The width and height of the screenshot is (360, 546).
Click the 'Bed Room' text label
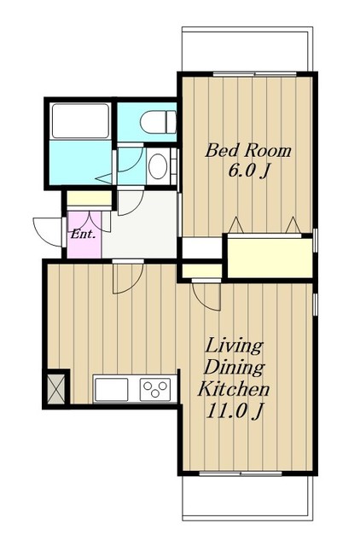[248, 151]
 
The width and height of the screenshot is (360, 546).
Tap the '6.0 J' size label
[248, 171]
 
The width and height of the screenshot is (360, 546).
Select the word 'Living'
[233, 346]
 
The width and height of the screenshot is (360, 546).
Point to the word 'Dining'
[234, 368]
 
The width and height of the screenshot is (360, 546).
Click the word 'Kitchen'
[234, 389]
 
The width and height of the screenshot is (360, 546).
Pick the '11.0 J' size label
[234, 411]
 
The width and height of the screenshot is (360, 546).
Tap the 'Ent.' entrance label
[83, 235]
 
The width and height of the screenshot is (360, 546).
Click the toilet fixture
[158, 122]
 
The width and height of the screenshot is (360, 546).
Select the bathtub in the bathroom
[81, 121]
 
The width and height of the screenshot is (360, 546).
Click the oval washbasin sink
[157, 166]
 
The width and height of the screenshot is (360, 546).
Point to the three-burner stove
[155, 389]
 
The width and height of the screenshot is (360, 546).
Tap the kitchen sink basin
[112, 389]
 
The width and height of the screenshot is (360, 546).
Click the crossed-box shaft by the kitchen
[56, 389]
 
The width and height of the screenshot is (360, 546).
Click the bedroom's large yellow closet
[270, 258]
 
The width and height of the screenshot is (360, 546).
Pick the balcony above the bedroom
[247, 49]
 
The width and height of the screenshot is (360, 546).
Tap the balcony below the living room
[247, 498]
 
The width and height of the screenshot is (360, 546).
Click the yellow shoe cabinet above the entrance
[89, 199]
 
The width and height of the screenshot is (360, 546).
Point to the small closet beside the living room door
[202, 271]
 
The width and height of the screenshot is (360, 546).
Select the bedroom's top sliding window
[254, 74]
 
